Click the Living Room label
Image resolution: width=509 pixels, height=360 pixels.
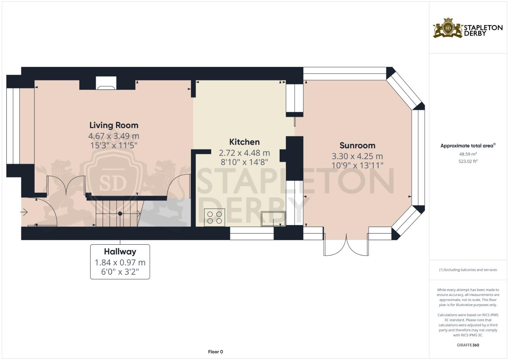coord(114,125)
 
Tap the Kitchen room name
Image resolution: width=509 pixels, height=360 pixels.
coord(244,142)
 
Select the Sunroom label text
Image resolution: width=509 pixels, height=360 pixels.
coord(357,145)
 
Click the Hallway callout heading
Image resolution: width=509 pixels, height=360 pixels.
coord(120,252)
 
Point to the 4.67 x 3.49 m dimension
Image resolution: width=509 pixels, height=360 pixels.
coord(114,136)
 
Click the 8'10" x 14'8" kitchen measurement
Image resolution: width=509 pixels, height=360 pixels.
coord(244,162)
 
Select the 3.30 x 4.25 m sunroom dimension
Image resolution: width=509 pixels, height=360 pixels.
coord(357,156)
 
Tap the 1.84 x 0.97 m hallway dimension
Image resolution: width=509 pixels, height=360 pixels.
coord(120,263)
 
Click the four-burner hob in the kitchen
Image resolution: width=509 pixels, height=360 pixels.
coord(215,217)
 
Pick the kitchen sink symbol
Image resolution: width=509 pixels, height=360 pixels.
coord(273,219)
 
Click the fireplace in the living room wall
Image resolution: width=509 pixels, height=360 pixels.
coord(106,83)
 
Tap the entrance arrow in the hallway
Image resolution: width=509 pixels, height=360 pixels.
coord(24,212)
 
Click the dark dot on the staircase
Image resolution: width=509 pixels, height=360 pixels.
coord(120,214)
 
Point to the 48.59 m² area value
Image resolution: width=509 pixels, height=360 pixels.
coord(468,154)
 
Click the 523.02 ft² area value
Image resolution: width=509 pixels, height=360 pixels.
coord(468,161)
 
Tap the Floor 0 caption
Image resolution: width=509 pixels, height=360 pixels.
coord(215,352)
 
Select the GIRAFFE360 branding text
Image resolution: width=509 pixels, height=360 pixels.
coord(468,345)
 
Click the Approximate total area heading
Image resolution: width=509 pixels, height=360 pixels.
coord(468,146)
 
